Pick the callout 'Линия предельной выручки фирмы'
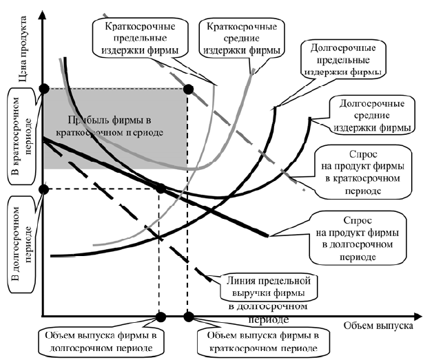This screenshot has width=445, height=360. (270, 287)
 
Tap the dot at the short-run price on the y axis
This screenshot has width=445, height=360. (44, 88)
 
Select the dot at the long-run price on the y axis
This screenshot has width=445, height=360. (44, 189)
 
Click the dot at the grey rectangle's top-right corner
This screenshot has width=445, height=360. (188, 88)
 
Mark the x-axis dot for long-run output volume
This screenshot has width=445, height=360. (160, 317)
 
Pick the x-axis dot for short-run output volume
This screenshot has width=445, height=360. (188, 317)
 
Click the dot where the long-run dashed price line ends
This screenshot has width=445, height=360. (160, 189)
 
